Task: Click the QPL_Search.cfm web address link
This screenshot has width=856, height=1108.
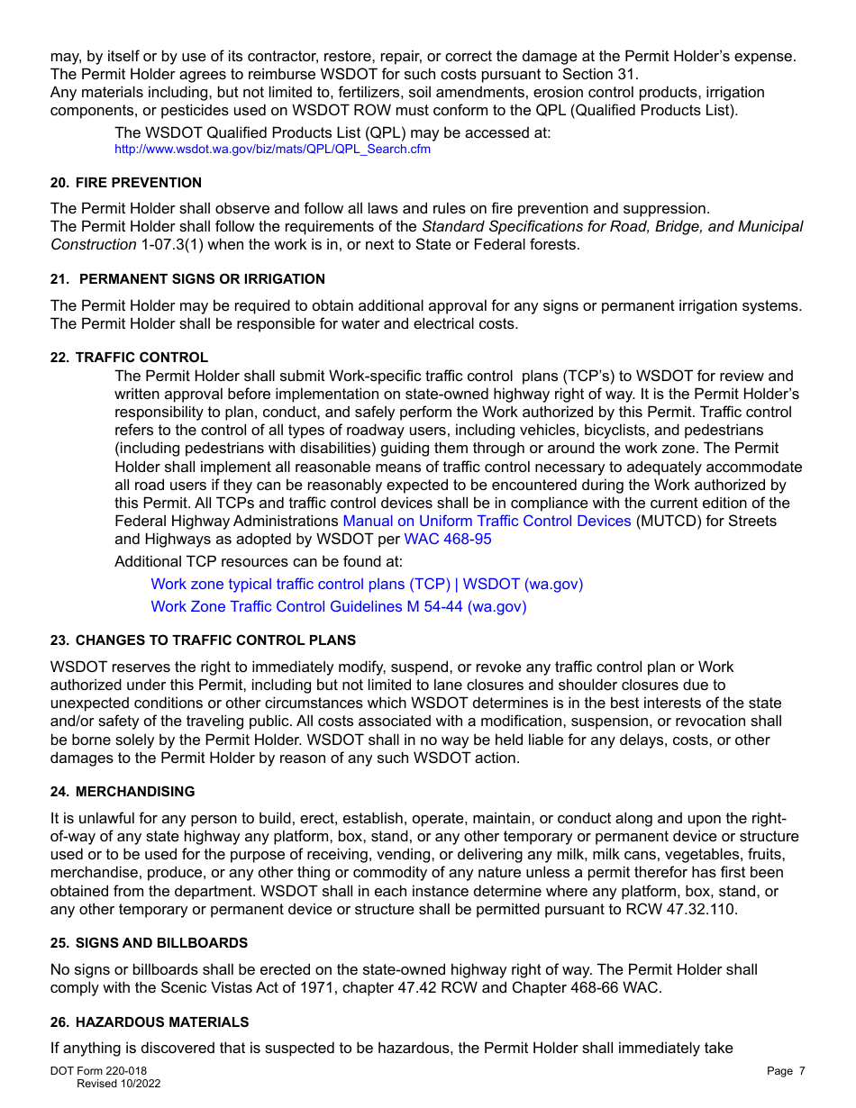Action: click(x=272, y=150)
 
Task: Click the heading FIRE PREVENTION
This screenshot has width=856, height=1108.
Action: click(x=138, y=183)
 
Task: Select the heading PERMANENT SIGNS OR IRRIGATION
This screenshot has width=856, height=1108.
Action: click(x=202, y=279)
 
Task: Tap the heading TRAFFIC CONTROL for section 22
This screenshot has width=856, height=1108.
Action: click(x=141, y=358)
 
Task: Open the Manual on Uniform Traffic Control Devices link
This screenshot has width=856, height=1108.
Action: click(x=487, y=522)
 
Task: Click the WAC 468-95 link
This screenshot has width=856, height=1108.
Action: click(x=448, y=540)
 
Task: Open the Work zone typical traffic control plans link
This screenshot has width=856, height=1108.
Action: click(x=366, y=585)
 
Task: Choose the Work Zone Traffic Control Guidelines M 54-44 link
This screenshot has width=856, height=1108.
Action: click(x=338, y=607)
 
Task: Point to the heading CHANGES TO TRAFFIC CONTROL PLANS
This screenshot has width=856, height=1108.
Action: click(x=215, y=640)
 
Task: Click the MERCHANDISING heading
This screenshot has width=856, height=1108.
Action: click(x=135, y=792)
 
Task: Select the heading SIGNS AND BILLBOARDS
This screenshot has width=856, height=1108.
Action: click(x=161, y=943)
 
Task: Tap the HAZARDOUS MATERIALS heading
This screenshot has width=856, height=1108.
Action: click(x=162, y=1022)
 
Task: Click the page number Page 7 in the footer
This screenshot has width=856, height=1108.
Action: click(x=786, y=1071)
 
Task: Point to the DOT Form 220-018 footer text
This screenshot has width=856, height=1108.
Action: click(x=98, y=1071)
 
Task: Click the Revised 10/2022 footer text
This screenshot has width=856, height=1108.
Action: click(x=118, y=1084)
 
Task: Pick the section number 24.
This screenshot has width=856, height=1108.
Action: click(x=59, y=792)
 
